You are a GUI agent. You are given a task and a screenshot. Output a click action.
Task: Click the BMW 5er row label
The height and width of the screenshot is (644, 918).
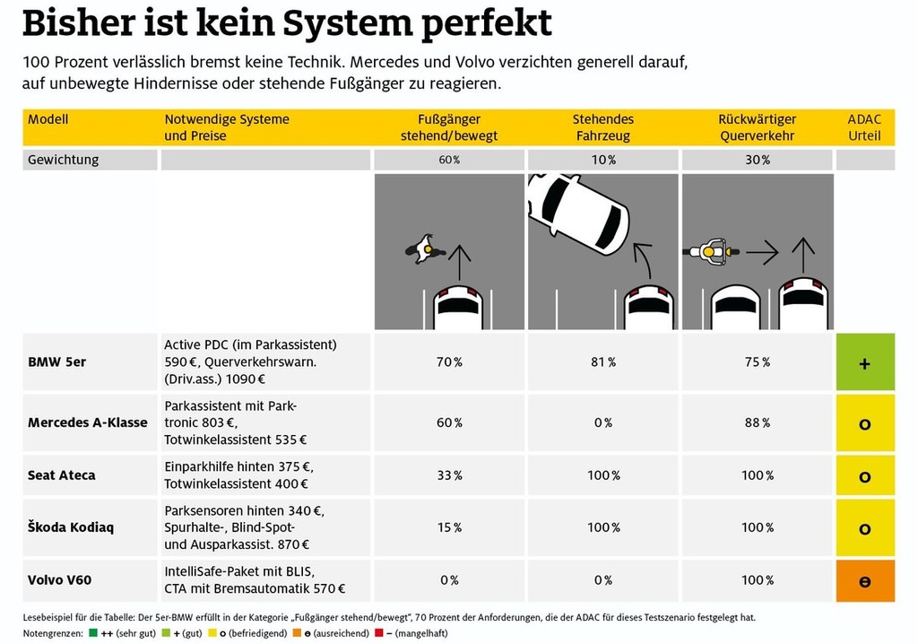pos(57,362)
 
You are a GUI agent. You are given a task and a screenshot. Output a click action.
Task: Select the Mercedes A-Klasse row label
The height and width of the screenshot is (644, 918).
pos(88,423)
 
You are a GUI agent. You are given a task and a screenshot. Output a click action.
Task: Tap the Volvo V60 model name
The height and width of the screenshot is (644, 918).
pos(59,580)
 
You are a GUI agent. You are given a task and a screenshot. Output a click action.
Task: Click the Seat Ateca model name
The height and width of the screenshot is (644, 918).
pos(61,475)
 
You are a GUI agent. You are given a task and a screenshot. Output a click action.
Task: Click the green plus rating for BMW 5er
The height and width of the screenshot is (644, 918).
pos(865,362)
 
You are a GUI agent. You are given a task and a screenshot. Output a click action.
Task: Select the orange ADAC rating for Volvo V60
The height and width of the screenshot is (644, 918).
pos(865,580)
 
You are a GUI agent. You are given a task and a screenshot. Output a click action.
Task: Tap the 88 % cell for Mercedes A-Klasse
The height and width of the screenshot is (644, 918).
pos(758,423)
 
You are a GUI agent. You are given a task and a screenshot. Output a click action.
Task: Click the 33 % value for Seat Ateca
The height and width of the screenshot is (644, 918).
pos(449,475)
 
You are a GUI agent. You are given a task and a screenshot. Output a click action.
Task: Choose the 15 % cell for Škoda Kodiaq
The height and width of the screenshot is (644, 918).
pos(449,527)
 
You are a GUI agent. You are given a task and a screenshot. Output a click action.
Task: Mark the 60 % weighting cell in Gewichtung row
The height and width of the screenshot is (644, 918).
pos(449,160)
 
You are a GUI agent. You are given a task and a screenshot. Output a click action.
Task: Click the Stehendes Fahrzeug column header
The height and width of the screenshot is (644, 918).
pos(602,127)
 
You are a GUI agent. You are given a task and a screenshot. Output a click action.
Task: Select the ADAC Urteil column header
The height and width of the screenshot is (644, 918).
pos(864,127)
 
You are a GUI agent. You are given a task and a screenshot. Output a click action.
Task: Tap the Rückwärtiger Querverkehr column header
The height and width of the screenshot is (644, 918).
pos(758,127)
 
